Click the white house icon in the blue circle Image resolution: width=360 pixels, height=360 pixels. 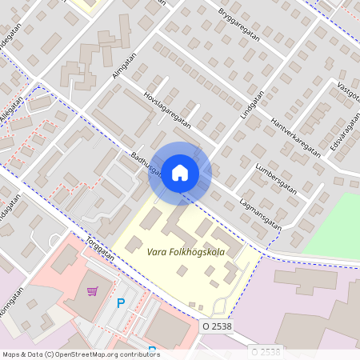click(x=180, y=173)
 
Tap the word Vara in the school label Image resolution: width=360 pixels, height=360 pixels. click(x=158, y=252)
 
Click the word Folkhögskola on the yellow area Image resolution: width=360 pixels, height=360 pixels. click(x=199, y=252)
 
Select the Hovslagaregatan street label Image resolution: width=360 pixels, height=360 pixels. click(x=167, y=109)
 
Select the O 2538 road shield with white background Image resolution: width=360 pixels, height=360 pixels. click(x=218, y=327)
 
